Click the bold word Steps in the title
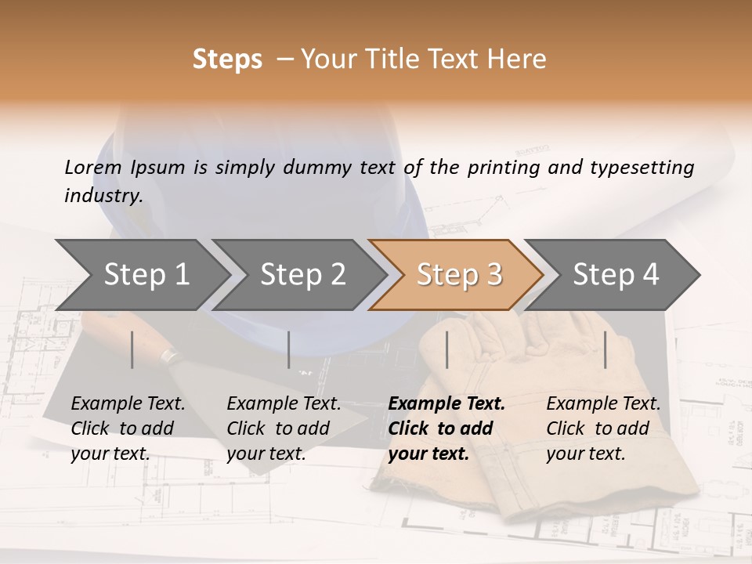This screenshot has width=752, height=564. pyautogui.click(x=227, y=60)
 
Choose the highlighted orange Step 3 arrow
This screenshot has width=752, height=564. pyautogui.click(x=459, y=274)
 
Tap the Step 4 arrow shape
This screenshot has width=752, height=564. pyautogui.click(x=616, y=274)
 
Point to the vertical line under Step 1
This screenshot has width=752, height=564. pyautogui.click(x=132, y=349)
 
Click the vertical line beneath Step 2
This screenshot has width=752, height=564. pyautogui.click(x=289, y=349)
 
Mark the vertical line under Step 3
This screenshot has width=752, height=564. pyautogui.click(x=446, y=349)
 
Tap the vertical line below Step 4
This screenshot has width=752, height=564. pyautogui.click(x=606, y=349)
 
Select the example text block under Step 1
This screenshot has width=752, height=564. pyautogui.click(x=128, y=428)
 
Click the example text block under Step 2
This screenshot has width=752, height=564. pyautogui.click(x=284, y=428)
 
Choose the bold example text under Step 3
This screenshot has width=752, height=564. pyautogui.click(x=446, y=428)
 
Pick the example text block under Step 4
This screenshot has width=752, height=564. pyautogui.click(x=603, y=428)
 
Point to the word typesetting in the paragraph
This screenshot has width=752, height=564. pyautogui.click(x=642, y=168)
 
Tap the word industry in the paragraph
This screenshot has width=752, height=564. pyautogui.click(x=103, y=196)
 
